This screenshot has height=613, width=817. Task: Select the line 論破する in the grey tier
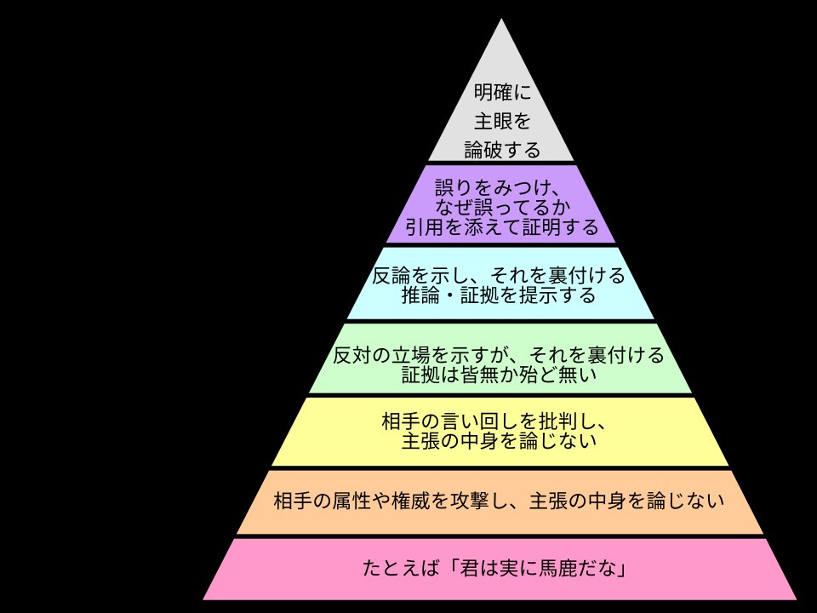tap(502, 151)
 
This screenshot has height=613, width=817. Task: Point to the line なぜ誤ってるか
tap(501, 208)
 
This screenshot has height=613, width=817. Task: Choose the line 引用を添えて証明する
tap(501, 227)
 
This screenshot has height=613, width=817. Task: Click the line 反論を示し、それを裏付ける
tap(500, 276)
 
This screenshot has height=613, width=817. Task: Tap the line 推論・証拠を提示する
tap(499, 296)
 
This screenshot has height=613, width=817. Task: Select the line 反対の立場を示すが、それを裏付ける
tap(499, 353)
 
